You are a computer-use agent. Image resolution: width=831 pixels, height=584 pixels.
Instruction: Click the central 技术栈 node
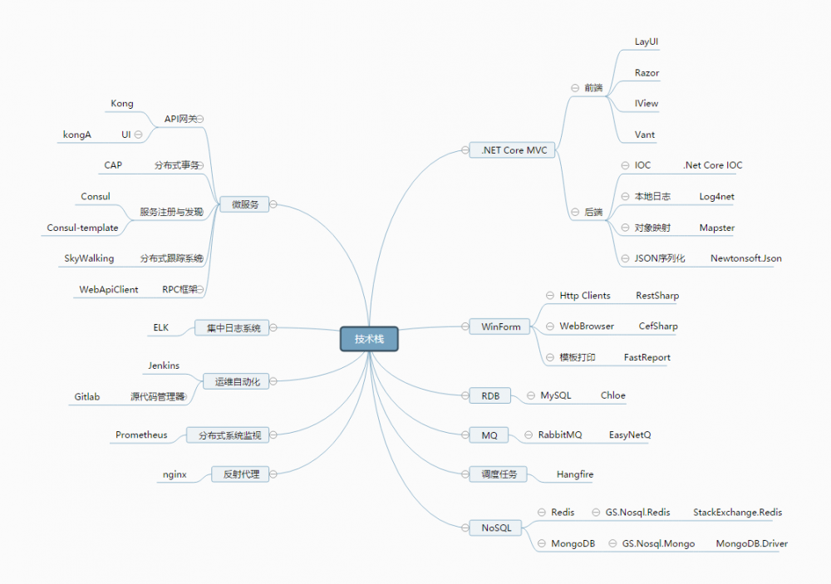click(369, 339)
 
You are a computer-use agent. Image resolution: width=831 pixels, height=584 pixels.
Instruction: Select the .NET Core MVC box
click(512, 150)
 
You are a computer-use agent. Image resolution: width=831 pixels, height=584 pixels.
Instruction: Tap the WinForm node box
click(499, 326)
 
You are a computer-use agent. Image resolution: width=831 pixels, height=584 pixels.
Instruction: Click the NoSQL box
click(495, 528)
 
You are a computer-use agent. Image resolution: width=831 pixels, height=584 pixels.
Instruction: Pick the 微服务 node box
click(244, 204)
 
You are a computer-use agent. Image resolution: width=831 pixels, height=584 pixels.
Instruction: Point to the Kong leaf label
click(122, 103)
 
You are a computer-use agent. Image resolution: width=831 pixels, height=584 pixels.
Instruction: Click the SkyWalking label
click(89, 258)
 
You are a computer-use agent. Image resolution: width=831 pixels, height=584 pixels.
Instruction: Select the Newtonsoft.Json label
click(745, 258)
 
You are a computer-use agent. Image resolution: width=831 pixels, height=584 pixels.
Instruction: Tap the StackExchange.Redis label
click(737, 512)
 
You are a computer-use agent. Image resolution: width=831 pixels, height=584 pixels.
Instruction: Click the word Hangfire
click(574, 474)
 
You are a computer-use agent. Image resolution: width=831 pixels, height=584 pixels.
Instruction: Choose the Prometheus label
click(141, 434)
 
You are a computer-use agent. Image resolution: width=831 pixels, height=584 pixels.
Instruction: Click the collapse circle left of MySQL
click(530, 395)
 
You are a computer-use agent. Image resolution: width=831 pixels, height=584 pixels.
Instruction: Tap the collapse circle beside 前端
click(574, 88)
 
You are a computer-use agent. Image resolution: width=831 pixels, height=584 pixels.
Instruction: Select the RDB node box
click(489, 395)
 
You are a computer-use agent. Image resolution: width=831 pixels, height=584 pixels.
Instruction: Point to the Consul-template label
click(82, 228)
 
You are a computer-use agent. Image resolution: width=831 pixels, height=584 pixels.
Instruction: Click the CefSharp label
click(657, 326)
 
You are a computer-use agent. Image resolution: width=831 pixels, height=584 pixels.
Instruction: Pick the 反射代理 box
click(240, 474)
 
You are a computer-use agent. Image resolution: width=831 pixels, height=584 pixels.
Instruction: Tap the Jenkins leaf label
click(164, 366)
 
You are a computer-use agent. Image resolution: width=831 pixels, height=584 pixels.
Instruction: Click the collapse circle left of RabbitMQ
click(529, 434)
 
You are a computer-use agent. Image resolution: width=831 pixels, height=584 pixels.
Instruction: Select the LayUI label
click(646, 42)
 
